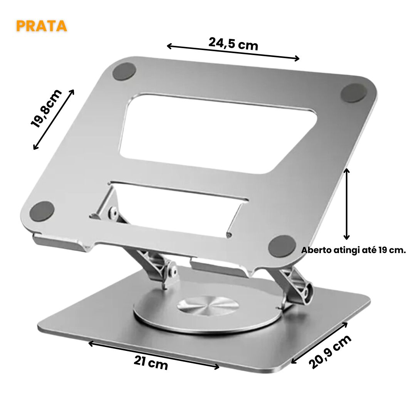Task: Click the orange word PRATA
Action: pos(42,26)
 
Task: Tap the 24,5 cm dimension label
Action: pos(233,44)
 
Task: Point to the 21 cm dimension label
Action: pos(151,362)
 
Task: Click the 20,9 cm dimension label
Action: pos(331,351)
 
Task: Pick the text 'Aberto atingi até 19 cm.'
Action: pos(353,250)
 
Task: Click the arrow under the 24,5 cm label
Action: pos(233,52)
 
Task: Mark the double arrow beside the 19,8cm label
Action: pos(54,119)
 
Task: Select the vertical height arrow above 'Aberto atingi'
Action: pos(347,204)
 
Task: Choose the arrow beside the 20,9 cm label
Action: pos(319,343)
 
